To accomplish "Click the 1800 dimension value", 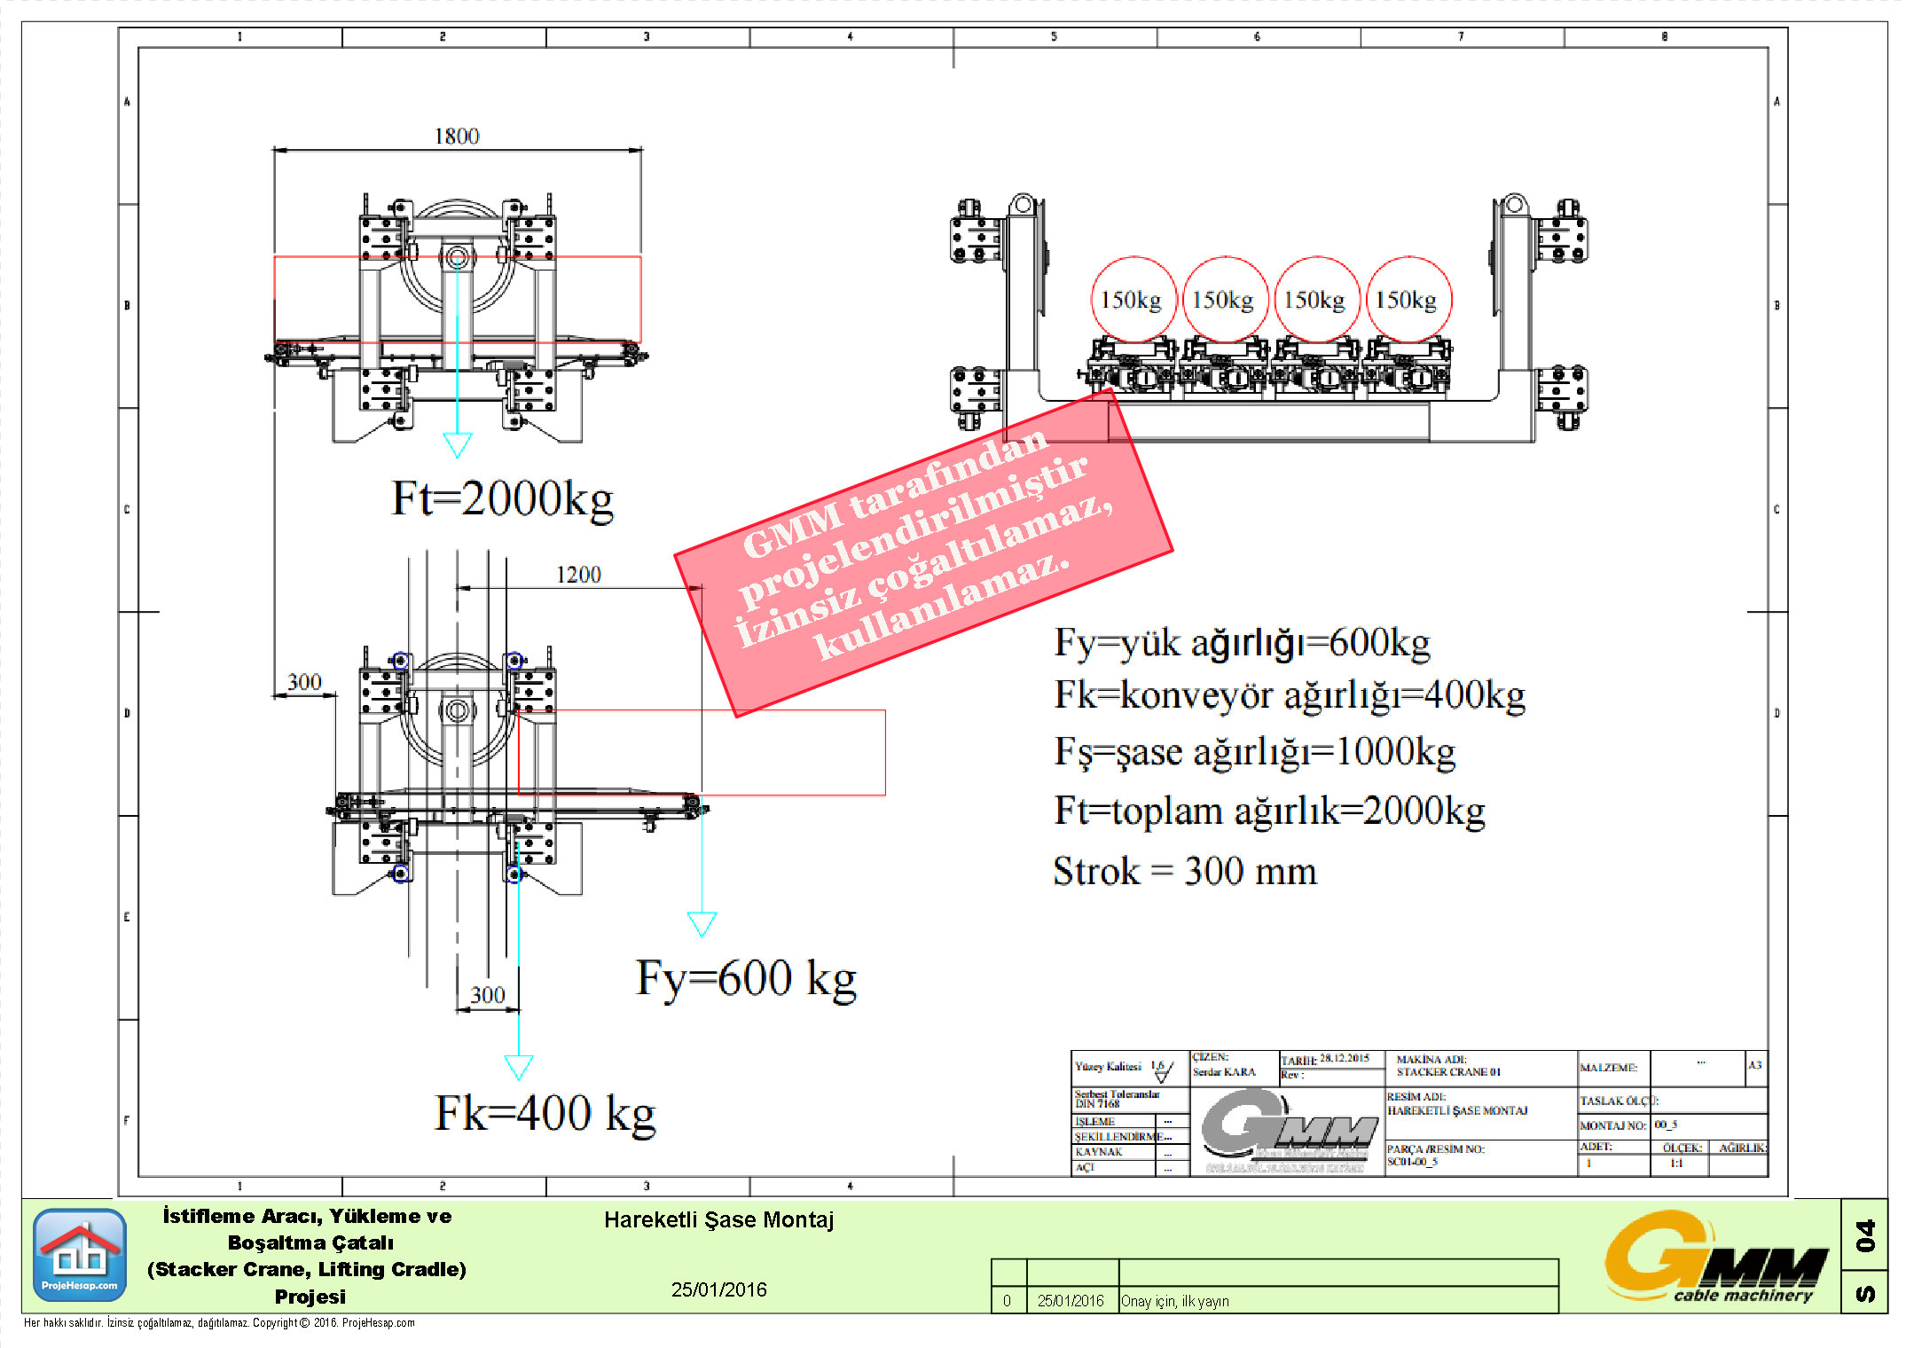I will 457,136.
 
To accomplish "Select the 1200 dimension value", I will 578,575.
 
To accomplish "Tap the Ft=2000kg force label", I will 502,498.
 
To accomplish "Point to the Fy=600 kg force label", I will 746,978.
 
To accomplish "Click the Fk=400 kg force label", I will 545,1113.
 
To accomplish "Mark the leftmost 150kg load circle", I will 1132,300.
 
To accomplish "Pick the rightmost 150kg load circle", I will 1408,300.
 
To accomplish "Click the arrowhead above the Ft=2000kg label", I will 457,444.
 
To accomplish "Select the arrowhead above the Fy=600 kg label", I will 702,924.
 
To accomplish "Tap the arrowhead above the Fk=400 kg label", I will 519,1066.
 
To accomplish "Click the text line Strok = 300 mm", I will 1184,872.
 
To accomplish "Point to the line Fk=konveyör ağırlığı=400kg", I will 1289,695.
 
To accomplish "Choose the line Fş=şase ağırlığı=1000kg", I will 1254,752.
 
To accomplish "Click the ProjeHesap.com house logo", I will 80,1254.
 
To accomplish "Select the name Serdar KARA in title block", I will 1224,1072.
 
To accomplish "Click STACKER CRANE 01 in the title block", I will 1448,1072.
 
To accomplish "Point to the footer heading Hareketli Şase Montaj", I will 718,1220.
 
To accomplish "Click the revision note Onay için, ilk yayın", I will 1175,1301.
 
